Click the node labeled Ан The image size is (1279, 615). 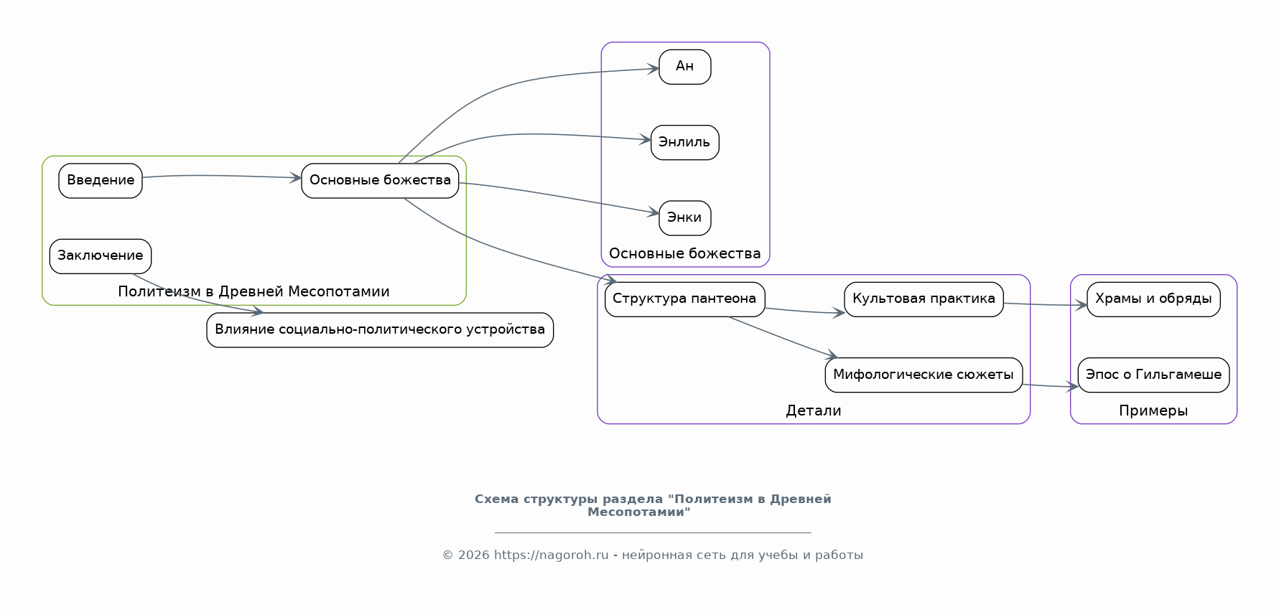click(685, 67)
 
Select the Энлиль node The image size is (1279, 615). click(685, 142)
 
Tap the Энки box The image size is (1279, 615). click(685, 218)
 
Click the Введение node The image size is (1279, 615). click(101, 181)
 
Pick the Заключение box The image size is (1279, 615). click(101, 256)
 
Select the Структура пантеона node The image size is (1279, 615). click(685, 299)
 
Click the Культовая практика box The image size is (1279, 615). click(924, 299)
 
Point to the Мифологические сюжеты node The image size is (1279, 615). click(924, 375)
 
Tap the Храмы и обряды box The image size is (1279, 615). click(1154, 299)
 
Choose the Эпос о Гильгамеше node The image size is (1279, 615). click(1154, 375)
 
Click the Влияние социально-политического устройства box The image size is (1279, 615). click(380, 330)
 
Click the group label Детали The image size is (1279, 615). click(814, 410)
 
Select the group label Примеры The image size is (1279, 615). click(1153, 410)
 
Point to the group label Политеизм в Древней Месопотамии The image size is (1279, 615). click(254, 291)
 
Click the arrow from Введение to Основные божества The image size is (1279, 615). click(222, 176)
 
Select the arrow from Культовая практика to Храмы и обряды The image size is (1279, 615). click(1046, 305)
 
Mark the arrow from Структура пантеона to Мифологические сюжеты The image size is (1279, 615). click(783, 337)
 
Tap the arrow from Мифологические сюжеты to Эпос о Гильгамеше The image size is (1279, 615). click(1051, 386)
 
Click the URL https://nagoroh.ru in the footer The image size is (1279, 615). click(551, 555)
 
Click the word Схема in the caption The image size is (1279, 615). click(497, 499)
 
